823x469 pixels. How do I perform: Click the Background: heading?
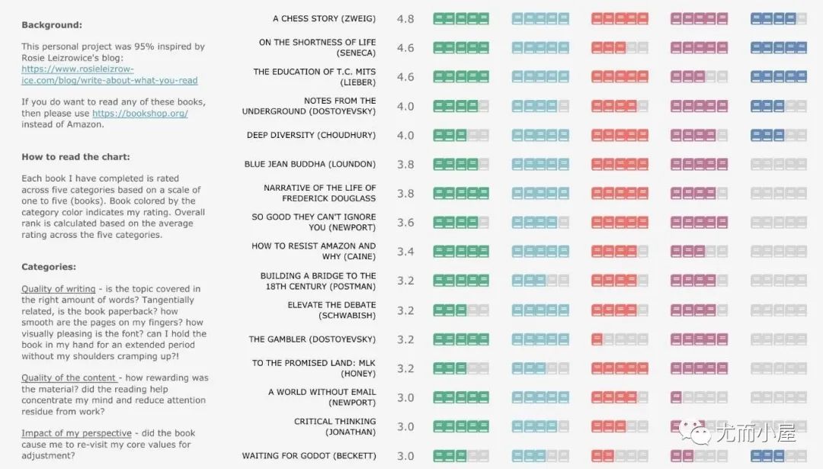52,25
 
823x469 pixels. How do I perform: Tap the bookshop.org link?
139,114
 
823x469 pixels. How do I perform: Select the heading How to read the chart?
75,157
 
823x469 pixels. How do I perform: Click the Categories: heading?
49,267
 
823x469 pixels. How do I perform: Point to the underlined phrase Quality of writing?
59,289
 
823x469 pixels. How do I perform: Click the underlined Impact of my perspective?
76,433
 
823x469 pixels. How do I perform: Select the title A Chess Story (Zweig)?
324,18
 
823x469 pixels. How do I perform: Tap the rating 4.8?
405,19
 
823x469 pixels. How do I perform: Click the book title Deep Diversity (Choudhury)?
311,135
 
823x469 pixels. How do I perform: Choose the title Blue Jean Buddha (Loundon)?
310,164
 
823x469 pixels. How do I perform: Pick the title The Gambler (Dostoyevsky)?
312,339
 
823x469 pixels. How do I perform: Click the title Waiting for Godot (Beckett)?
309,456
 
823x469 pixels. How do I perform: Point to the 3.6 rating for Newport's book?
405,223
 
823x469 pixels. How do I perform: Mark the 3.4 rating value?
405,252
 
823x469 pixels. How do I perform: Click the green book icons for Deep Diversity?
461,135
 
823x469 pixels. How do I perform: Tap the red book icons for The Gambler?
620,339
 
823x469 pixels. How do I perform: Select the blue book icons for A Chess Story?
778,18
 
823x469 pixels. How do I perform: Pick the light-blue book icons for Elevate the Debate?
540,310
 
